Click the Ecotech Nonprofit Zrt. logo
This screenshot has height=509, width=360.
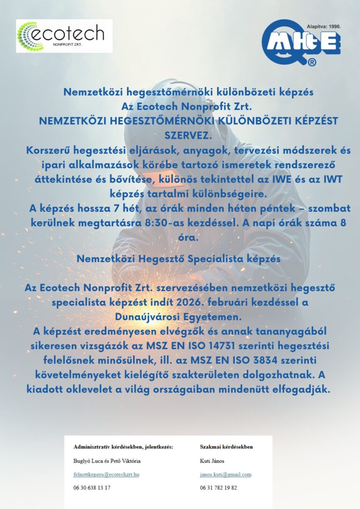pos(64,36)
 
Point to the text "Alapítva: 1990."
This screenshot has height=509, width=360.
pos(323,27)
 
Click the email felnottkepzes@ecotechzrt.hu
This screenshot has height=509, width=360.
pos(106,474)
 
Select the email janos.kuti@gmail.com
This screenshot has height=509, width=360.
pos(225,474)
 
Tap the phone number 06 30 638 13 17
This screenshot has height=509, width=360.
pos(92,487)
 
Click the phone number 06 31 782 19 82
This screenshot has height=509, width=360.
pos(218,487)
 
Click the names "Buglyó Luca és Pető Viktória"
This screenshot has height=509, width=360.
pos(107,461)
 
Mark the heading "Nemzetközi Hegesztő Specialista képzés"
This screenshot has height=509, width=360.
pos(179,258)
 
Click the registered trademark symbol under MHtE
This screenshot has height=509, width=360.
pos(312,62)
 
